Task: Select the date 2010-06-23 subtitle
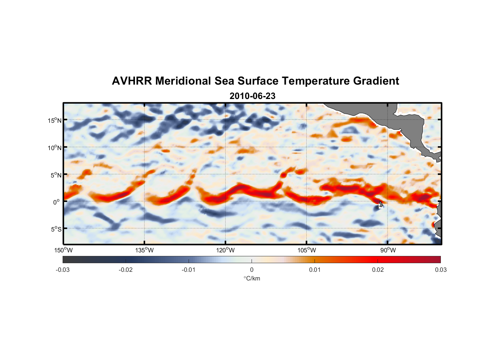coord(252,96)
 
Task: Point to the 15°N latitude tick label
coord(55,120)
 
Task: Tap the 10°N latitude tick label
coord(55,148)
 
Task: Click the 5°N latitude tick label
coord(56,175)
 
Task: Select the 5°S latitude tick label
coord(56,229)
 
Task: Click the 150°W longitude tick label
coord(64,250)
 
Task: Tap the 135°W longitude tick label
coord(145,250)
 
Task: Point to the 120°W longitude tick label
coord(226,250)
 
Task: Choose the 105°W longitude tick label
coord(307,250)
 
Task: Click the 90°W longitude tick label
coord(388,250)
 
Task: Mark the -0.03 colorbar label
coord(63,270)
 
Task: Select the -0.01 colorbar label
coord(189,270)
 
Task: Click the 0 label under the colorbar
coord(252,270)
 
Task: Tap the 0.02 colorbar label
coord(378,270)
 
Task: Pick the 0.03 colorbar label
coord(440,270)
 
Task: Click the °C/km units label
coord(252,278)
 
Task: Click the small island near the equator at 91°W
coord(381,204)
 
